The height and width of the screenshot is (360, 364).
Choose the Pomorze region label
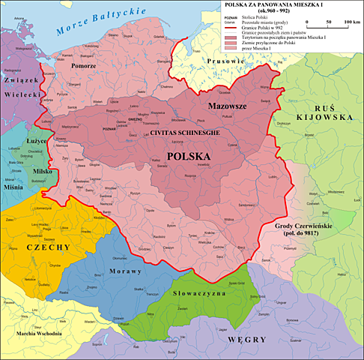82,66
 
